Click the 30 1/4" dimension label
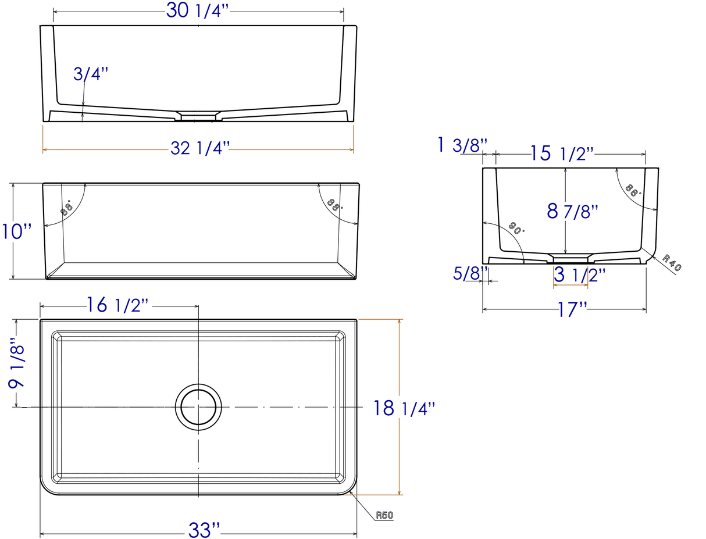[198, 10]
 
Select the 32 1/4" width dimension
[200, 149]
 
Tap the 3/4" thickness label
[90, 74]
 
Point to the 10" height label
[17, 231]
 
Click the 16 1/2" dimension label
[117, 305]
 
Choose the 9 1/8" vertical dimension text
[17, 363]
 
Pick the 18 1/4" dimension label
[404, 408]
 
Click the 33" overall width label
[204, 530]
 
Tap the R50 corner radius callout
[384, 515]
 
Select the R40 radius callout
[672, 263]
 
